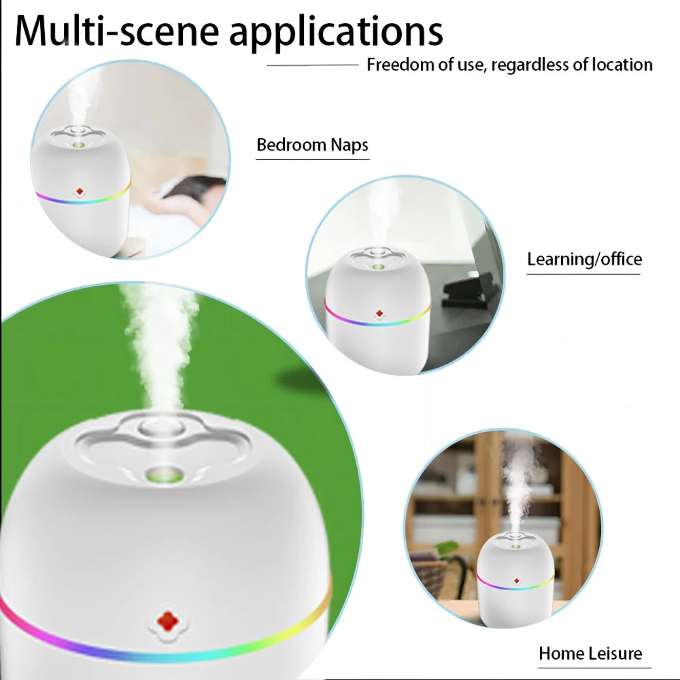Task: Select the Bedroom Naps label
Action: pyautogui.click(x=312, y=145)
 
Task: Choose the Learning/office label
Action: pyautogui.click(x=584, y=259)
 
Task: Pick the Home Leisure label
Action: pyautogui.click(x=590, y=653)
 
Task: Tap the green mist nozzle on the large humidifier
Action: pyautogui.click(x=167, y=473)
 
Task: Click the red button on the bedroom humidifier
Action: pyautogui.click(x=80, y=192)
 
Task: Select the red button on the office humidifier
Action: pyautogui.click(x=379, y=313)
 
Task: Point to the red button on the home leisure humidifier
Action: pyautogui.click(x=516, y=581)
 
